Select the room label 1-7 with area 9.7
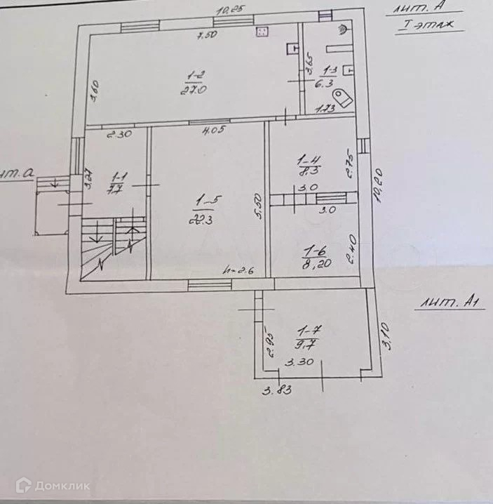tap(305, 337)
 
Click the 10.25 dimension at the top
tap(231, 10)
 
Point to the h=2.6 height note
tap(233, 270)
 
